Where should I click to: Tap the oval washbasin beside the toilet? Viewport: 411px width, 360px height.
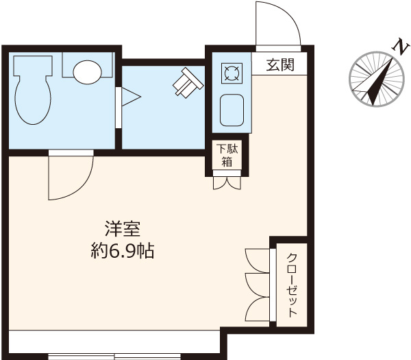[x=88, y=71]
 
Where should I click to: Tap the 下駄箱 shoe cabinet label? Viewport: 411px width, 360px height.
[x=225, y=156]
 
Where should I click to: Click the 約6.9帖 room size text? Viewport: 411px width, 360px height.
[x=122, y=251]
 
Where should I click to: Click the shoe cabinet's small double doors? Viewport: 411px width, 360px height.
[x=226, y=183]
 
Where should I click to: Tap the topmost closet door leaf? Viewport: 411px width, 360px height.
[x=256, y=259]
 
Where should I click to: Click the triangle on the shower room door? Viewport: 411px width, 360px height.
[x=130, y=97]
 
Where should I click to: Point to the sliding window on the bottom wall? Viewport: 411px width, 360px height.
[x=115, y=356]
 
